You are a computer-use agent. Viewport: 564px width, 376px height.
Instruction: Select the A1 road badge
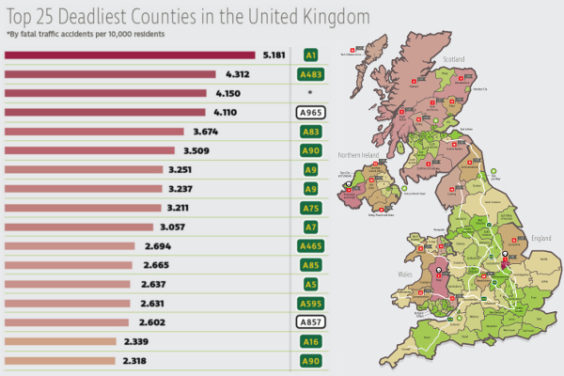pos(309,55)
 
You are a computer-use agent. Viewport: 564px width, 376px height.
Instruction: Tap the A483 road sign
pos(309,74)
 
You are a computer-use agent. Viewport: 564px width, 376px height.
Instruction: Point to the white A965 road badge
pos(309,113)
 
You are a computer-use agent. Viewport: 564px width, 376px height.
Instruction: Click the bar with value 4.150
pos(105,93)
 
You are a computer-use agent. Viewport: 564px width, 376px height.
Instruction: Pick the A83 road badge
pos(309,132)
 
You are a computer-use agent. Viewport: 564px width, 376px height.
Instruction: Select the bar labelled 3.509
pos(90,150)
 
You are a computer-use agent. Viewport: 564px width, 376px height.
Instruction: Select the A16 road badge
pos(309,342)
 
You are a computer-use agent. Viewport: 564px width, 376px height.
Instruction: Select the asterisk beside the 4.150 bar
pos(309,94)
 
